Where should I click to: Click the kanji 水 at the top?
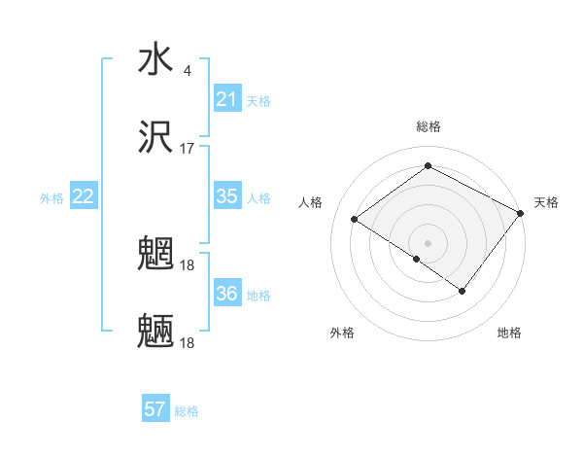pos(155,60)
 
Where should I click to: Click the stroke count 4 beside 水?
pos(188,70)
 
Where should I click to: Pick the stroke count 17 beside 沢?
pos(188,149)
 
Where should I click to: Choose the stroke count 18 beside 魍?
pos(188,265)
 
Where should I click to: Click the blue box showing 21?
pos(227,98)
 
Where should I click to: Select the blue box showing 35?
pos(227,196)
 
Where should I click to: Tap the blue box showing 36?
pos(227,293)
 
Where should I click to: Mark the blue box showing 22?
pos(84,196)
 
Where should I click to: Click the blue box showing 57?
pos(155,409)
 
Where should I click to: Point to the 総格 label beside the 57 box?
pos(187,411)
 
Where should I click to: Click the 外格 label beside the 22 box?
pos(51,198)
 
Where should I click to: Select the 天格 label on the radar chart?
pos(546,202)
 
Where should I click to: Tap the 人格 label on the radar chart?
pos(311,202)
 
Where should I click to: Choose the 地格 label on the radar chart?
pos(509,333)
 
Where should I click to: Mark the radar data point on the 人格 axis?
pos(355,220)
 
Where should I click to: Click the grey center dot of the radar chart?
pos(428,242)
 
